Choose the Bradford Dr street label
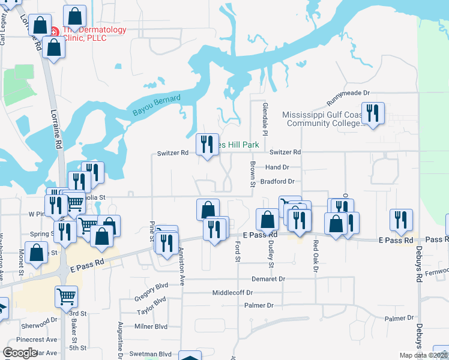[x=277, y=181]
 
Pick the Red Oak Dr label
[x=315, y=253]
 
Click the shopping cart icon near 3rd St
[x=66, y=296]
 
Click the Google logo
[x=20, y=353]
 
